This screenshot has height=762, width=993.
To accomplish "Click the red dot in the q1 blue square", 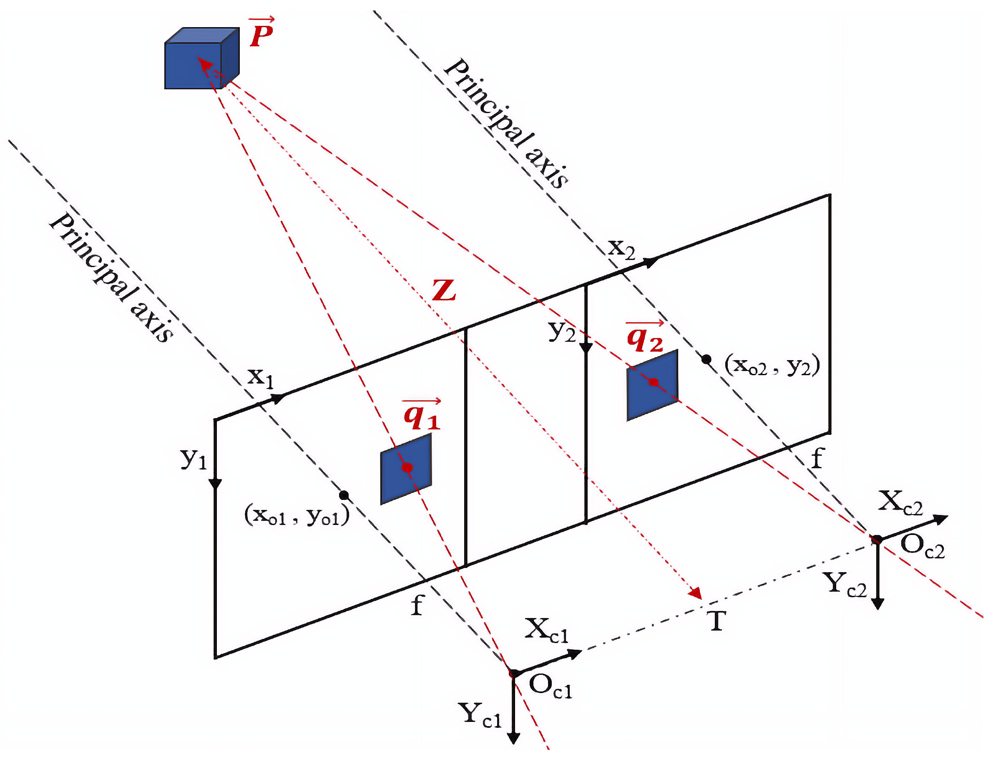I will (x=407, y=467).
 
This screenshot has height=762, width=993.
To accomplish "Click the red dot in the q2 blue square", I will (x=653, y=382).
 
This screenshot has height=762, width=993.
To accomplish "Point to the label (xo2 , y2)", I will (x=772, y=366).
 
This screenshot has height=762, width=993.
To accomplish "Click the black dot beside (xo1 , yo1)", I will (x=344, y=495).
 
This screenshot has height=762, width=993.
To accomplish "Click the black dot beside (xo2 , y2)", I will (x=706, y=359).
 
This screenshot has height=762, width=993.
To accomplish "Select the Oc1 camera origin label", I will (x=550, y=686).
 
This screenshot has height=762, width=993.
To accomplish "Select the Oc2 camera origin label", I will (x=922, y=546).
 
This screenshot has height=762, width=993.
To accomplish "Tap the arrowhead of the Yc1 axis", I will (x=513, y=738).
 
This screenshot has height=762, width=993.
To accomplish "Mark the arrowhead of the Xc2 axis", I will (x=942, y=519).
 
